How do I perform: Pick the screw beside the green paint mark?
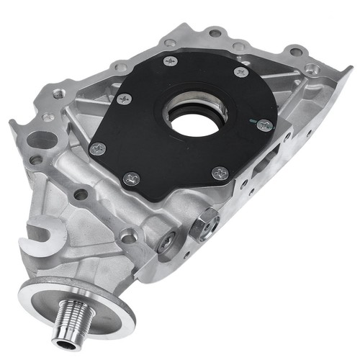(x=264, y=125)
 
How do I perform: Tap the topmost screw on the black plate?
(x=170, y=61)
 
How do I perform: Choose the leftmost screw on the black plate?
(x=98, y=148)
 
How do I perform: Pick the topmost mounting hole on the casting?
(x=214, y=32)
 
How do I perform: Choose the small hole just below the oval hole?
(x=35, y=160)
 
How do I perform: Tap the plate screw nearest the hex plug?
(x=220, y=172)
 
